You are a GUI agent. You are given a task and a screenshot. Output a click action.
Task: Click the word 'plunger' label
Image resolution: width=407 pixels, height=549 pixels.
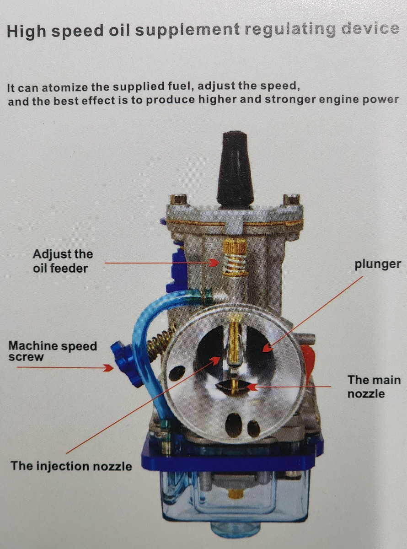click(377, 264)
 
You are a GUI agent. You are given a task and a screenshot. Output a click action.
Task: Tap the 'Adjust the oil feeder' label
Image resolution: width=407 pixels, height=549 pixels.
click(63, 261)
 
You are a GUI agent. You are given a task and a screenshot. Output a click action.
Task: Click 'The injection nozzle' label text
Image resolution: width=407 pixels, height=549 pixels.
click(71, 466)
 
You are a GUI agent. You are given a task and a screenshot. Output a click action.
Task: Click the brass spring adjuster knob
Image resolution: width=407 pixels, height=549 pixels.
click(236, 258)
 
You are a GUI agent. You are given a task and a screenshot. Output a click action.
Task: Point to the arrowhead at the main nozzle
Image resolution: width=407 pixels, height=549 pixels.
click(252, 387)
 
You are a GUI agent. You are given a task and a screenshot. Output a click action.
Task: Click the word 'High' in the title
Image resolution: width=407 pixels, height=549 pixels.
click(26, 32)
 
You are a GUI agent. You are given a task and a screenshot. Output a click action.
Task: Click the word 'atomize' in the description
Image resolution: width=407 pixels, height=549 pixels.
click(65, 87)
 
